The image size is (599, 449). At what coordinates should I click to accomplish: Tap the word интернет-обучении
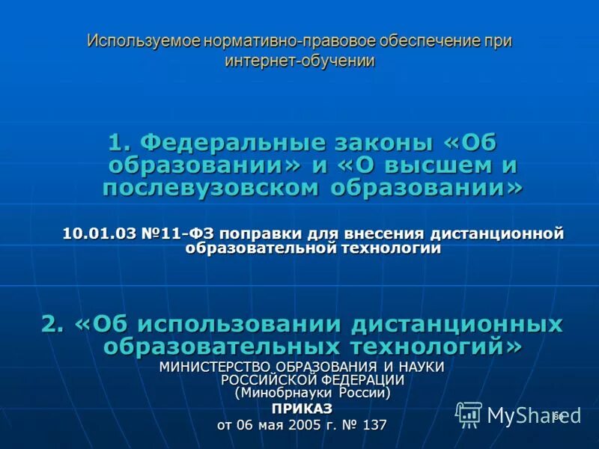[x=299, y=61]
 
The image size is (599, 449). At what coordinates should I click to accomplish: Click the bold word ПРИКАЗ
[x=301, y=409]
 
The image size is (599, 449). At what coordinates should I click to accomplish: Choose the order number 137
[x=374, y=425]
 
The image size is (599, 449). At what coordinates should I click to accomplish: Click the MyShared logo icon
[x=469, y=414]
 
